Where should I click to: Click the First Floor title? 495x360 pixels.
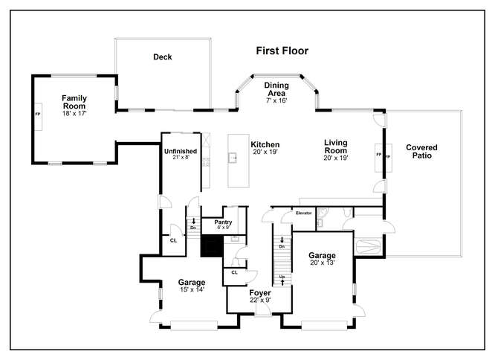[282, 51]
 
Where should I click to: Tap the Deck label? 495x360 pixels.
[162, 57]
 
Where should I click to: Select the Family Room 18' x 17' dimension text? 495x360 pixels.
[74, 113]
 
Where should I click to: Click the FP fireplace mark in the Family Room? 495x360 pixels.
[38, 114]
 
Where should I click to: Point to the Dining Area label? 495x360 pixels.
[276, 89]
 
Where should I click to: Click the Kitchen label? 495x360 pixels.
[265, 144]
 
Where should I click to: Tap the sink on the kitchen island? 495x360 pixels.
[233, 158]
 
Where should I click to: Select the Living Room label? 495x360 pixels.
[336, 147]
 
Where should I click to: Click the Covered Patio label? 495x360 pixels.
[421, 151]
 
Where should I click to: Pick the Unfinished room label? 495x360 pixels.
[181, 151]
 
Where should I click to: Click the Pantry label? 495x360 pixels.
[223, 222]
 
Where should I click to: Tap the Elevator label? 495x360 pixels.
[304, 213]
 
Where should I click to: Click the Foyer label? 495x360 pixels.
[260, 293]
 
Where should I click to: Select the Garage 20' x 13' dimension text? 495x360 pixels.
[323, 263]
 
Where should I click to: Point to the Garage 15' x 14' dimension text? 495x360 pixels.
[192, 289]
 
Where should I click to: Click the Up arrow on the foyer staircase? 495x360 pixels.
[282, 283]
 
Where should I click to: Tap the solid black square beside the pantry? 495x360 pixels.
[212, 245]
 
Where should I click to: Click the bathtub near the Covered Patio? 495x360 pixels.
[368, 246]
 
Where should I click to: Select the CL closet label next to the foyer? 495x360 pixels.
[234, 272]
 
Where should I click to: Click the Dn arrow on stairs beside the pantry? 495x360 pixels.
[193, 221]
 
